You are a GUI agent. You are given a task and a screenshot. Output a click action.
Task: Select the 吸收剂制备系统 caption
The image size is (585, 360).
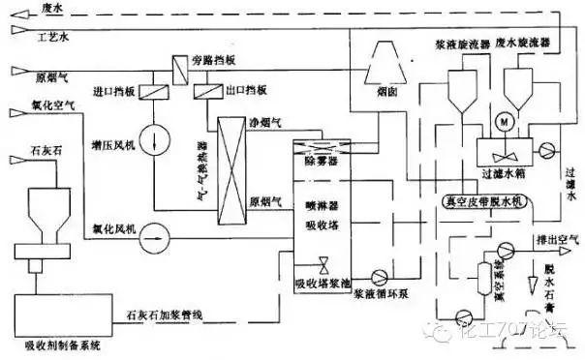pyautogui.click(x=58, y=341)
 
